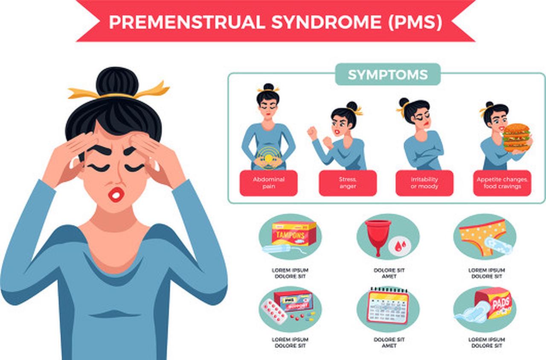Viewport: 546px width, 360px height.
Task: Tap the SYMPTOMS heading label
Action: point(387,75)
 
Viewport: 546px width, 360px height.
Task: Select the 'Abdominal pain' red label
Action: point(268,183)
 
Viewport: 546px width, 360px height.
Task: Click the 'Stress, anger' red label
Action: point(348,183)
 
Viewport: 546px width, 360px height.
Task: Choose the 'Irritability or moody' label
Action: point(424,183)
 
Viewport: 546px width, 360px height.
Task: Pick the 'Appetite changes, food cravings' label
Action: point(502,183)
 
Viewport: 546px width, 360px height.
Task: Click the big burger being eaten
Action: point(516,137)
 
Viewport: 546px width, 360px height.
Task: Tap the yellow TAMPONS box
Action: point(294,234)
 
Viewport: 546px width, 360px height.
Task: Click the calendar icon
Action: point(388,307)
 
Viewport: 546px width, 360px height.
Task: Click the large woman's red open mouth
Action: point(116,194)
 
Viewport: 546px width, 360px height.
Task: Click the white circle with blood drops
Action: point(401,246)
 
